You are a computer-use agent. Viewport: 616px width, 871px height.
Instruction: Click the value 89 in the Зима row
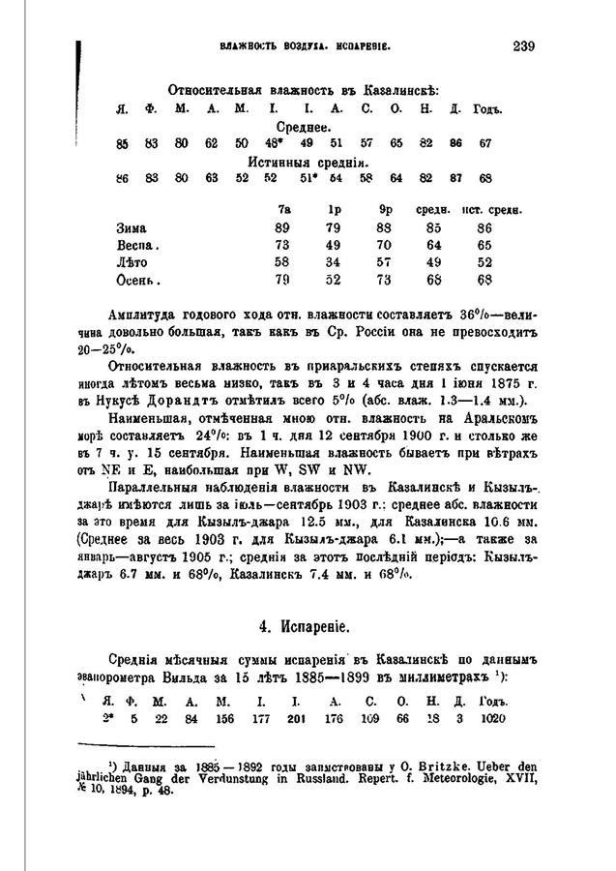pos(282,227)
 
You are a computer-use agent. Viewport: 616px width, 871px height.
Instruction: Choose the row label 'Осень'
pos(136,281)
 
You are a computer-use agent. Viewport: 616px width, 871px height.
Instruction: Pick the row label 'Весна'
pos(136,245)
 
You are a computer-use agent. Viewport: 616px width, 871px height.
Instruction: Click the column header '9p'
pos(385,208)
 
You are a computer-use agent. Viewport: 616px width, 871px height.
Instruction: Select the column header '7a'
pos(283,208)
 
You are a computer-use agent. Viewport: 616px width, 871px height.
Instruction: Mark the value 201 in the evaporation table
pos(296,717)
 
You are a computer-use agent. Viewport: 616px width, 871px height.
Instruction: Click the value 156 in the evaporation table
pos(224,717)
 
